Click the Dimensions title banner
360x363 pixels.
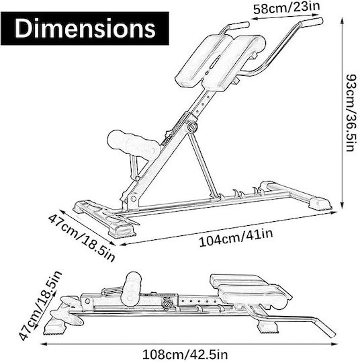point(85,28)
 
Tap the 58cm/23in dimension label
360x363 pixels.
point(286,7)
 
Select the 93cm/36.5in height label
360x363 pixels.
point(353,113)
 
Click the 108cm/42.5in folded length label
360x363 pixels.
point(185,355)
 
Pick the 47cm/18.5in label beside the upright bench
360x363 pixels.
point(81,238)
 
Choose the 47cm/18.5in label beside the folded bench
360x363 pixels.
point(40,305)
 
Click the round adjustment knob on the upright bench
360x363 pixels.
point(192,126)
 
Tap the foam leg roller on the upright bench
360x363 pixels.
point(134,144)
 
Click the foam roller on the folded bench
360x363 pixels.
point(132,288)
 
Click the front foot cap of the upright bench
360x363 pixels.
point(123,230)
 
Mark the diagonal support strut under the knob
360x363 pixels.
point(203,165)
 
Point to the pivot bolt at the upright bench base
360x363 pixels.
point(133,198)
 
